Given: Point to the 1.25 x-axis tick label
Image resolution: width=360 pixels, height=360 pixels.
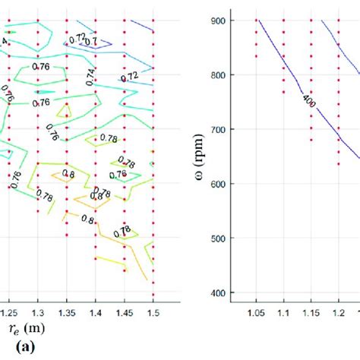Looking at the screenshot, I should coord(8,311).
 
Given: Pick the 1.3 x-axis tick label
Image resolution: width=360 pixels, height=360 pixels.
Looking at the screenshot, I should coord(37,311).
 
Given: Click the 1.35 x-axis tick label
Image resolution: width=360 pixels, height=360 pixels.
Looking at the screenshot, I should coord(67,311).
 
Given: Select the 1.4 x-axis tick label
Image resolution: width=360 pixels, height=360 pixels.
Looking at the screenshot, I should coord(96,311).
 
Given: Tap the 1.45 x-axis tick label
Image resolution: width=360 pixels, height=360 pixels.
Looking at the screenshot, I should coord(125,311).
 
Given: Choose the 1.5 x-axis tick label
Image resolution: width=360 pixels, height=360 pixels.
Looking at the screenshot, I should coord(153,311).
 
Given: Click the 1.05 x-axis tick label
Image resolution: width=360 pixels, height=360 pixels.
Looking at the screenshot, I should coord(255,311).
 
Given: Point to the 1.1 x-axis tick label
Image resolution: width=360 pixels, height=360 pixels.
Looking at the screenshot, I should coord(283,311).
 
